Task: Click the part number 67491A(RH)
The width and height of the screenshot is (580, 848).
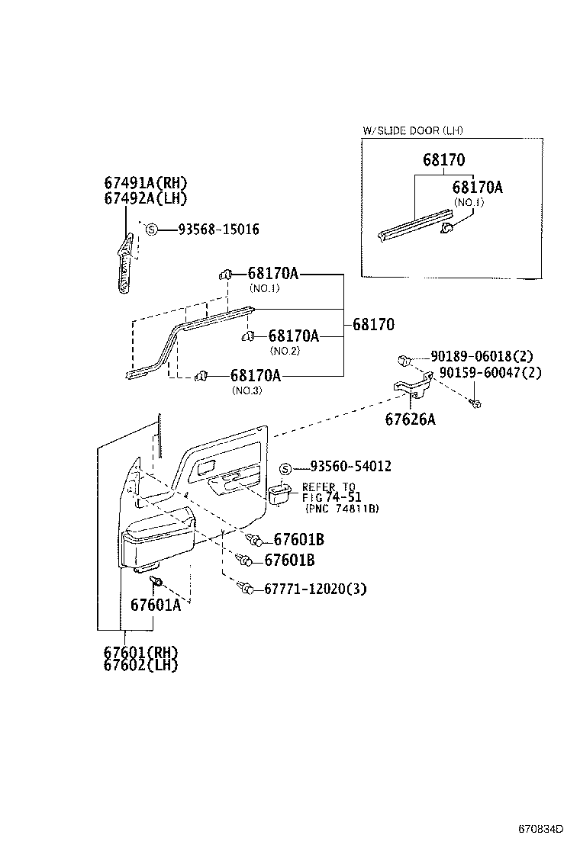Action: pos(146,183)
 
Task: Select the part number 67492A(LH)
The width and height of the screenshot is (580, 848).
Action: pos(146,198)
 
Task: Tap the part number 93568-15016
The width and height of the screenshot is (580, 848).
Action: pos(218,229)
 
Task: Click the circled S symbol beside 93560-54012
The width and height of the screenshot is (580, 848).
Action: pos(285,467)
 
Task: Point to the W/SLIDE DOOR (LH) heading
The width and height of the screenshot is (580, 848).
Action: pos(412,130)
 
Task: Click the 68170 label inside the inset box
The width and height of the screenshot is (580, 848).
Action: pos(443,160)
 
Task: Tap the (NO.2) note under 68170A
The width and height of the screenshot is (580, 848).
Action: pos(285,351)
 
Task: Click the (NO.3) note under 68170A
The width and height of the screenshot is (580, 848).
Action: pos(246,390)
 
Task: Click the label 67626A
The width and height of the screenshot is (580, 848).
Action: pos(411,419)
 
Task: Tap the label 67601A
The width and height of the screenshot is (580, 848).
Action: pos(156,605)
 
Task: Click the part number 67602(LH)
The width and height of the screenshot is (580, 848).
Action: pos(141,665)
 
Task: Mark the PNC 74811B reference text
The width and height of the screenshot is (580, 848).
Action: pos(342,509)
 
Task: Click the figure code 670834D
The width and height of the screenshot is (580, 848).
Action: pos(541,828)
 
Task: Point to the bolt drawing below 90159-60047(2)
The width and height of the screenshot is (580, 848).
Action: pos(475,401)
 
